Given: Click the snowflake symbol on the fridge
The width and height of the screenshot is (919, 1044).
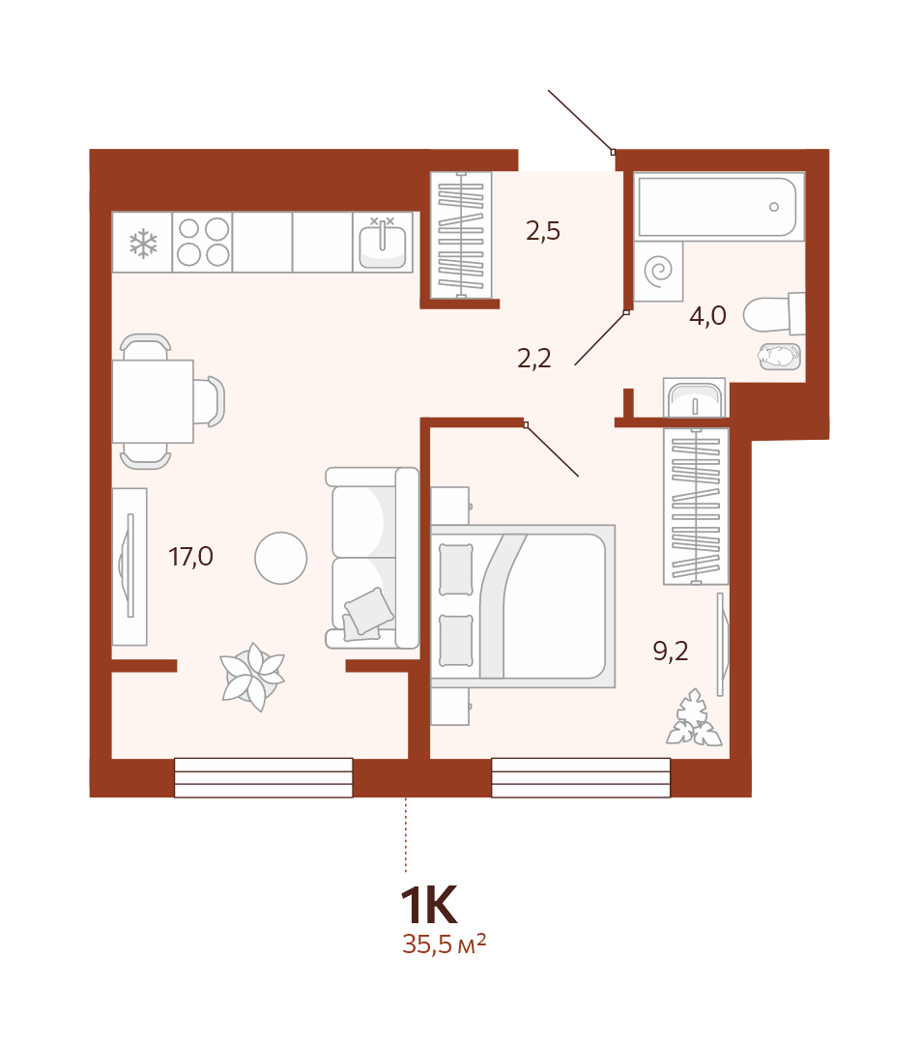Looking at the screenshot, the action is [143, 244].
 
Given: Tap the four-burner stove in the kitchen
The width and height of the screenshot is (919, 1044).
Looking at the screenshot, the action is [202, 242].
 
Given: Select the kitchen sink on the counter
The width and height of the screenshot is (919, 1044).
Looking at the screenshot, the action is [383, 243].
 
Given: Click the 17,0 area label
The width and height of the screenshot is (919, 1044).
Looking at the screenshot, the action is [190, 557].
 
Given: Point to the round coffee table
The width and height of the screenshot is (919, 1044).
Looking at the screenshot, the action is [281, 558].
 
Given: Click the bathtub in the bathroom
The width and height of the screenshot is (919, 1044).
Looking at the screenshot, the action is [719, 207].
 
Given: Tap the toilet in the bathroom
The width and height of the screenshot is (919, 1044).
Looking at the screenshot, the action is [775, 314].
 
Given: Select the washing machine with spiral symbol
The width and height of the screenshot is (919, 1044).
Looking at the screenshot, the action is [659, 271].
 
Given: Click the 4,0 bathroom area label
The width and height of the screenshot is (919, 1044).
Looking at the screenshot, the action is [707, 315].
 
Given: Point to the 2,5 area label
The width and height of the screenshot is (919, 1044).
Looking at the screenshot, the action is [543, 231].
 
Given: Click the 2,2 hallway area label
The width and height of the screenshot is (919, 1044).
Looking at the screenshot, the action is [534, 359].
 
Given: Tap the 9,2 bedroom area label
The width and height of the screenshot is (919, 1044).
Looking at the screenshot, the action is [671, 652].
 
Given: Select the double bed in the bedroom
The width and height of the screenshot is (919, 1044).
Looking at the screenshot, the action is [523, 606].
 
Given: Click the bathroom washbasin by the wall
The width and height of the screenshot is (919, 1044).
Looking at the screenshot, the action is [695, 399].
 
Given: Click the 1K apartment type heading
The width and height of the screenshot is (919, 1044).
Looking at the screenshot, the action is [428, 905].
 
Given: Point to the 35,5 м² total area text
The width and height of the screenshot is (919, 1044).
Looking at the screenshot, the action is [444, 944].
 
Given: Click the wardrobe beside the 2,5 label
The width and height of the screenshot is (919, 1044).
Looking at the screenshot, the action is [461, 235].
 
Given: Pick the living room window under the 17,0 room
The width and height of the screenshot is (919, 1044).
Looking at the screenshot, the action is [264, 777].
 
